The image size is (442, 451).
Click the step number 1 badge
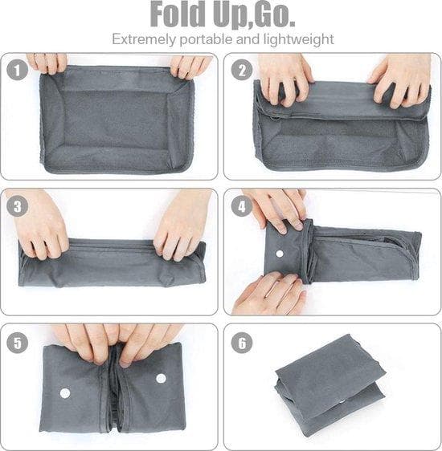pos(16,70)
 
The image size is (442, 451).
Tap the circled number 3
pos(16,205)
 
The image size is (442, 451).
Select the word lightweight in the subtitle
pos(298,39)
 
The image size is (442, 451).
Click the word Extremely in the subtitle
pos(141,39)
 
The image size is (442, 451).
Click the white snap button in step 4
pos(280,254)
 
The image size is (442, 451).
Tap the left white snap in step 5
pos(65,393)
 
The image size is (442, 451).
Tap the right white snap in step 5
pos(161,378)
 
